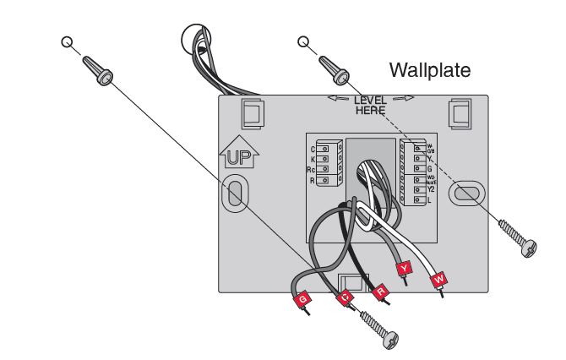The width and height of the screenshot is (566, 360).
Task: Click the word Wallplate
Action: click(x=428, y=69)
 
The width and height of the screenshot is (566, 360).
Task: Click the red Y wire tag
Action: click(x=405, y=268)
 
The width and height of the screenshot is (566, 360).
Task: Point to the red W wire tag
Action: click(x=438, y=279)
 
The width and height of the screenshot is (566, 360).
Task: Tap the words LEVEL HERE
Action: click(x=370, y=105)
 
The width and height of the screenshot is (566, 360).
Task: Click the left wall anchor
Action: click(x=98, y=68)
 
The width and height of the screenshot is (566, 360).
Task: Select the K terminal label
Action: click(x=313, y=160)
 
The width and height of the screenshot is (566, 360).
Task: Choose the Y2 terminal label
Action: click(x=429, y=189)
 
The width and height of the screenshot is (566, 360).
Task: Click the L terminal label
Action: click(x=429, y=200)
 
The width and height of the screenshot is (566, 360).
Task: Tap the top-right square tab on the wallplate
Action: click(x=460, y=112)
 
